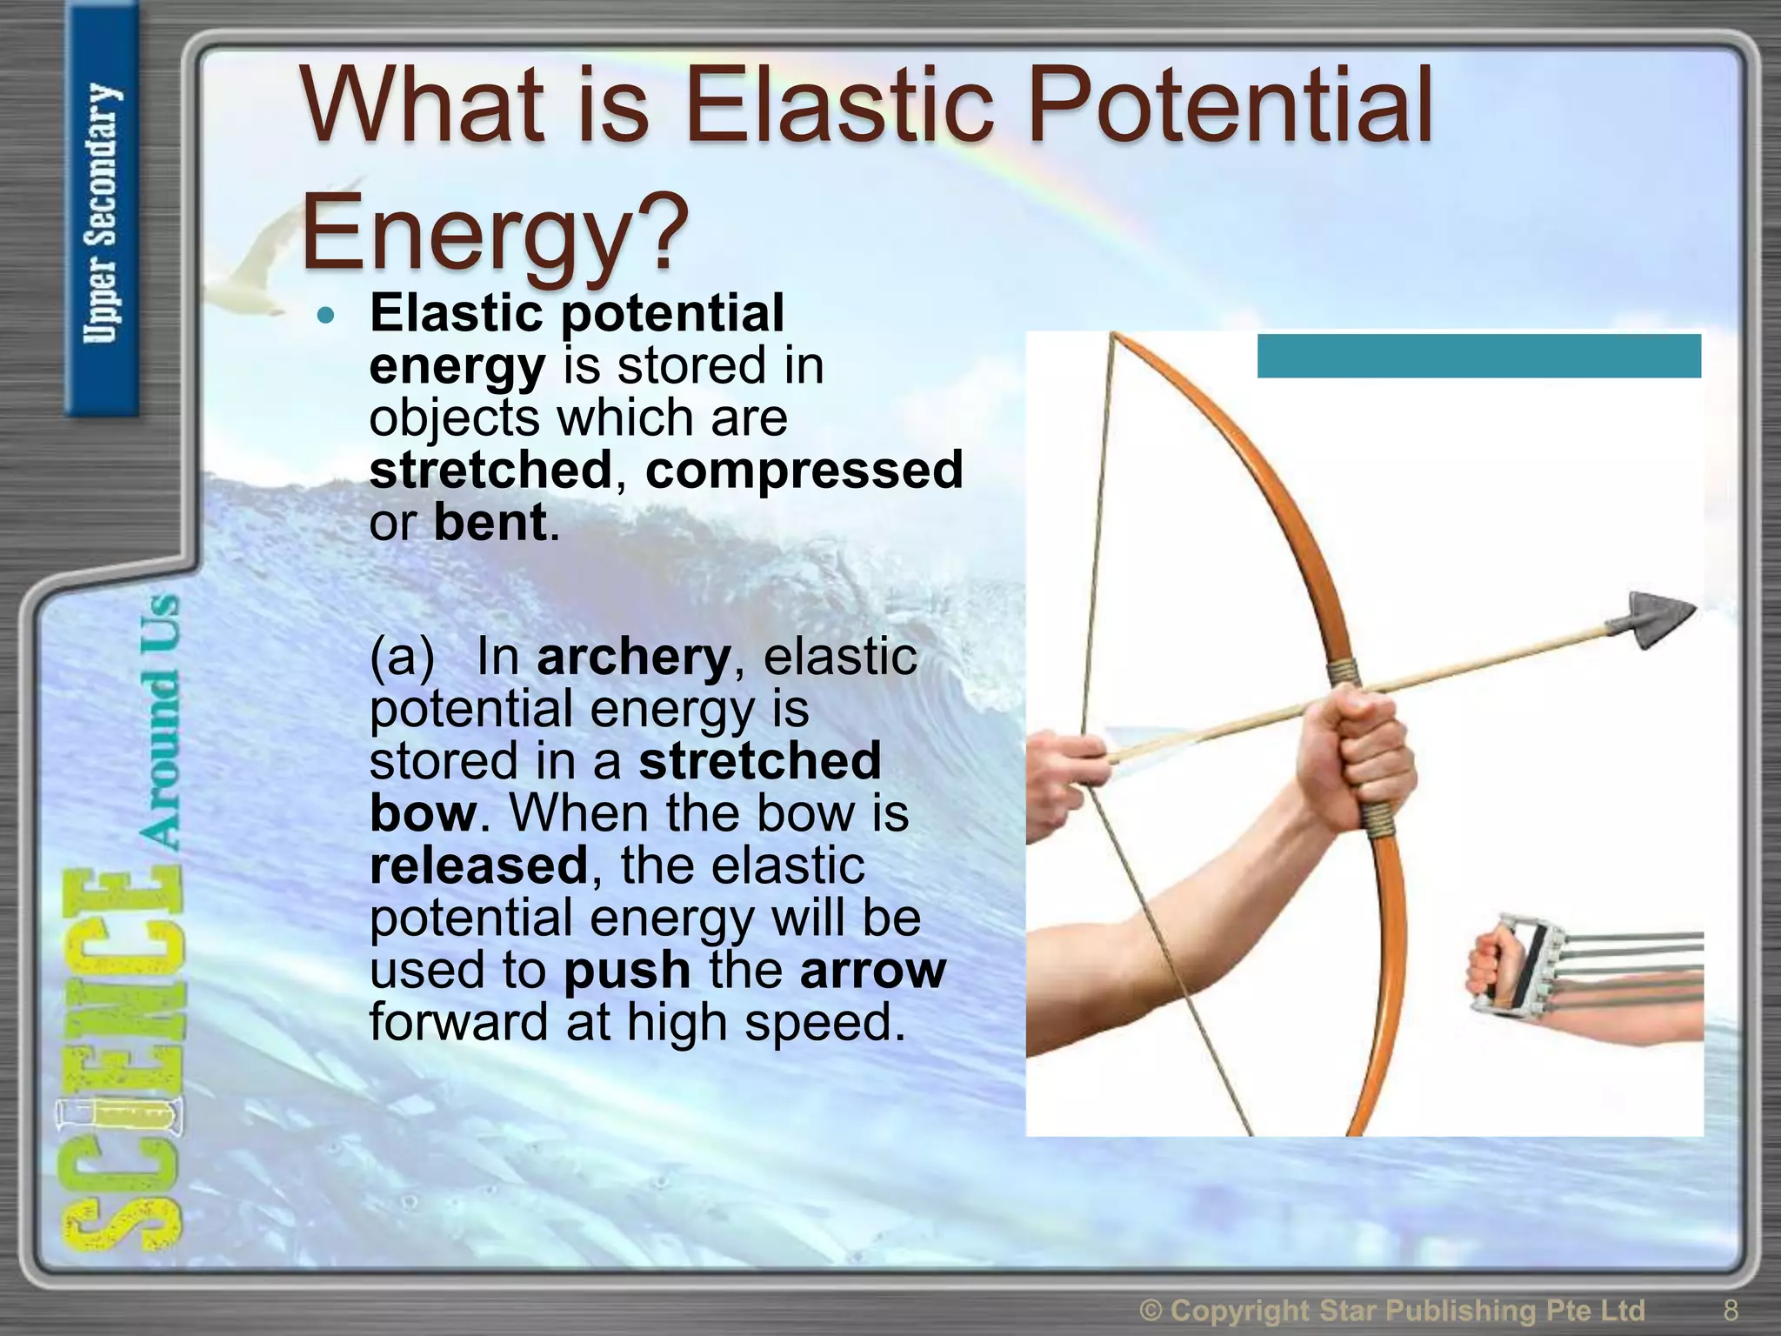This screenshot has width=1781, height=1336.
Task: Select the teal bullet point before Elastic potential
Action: (x=326, y=315)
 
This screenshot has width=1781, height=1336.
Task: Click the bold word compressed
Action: (x=804, y=471)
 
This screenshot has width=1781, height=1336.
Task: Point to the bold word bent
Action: (x=490, y=523)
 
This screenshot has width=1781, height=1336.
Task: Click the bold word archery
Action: (x=634, y=657)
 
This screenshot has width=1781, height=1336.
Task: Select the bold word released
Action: (x=479, y=865)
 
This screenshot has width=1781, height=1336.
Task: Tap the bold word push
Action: (x=627, y=970)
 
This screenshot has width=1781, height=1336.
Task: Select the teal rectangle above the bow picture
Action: (x=1478, y=356)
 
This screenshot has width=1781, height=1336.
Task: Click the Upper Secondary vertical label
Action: (x=102, y=213)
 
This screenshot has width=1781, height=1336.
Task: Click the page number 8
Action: (x=1731, y=1309)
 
